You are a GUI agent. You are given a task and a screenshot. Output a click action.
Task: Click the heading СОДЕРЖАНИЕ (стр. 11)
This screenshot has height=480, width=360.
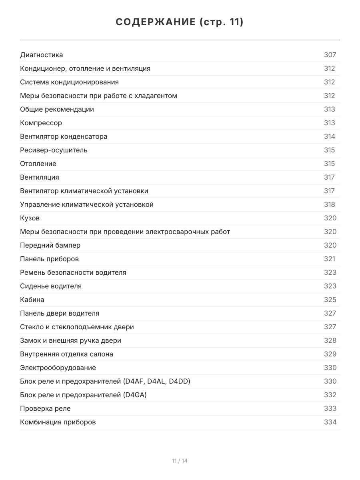click(x=180, y=22)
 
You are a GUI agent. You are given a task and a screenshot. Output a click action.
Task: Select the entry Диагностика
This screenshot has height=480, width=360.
click(x=42, y=55)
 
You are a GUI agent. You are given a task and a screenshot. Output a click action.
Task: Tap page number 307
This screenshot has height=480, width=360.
click(x=330, y=55)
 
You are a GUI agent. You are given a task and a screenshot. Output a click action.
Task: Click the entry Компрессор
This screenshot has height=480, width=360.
click(x=41, y=123)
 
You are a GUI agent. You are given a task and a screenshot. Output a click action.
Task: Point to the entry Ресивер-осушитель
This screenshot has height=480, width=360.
click(x=54, y=150)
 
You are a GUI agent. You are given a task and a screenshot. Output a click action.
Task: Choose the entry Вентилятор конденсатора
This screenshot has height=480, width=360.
click(x=64, y=136)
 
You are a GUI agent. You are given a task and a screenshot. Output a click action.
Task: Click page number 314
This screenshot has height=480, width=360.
click(x=330, y=136)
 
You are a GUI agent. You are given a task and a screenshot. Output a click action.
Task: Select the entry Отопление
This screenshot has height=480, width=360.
click(x=38, y=164)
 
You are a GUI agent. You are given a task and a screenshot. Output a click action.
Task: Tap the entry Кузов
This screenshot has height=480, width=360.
click(x=30, y=218)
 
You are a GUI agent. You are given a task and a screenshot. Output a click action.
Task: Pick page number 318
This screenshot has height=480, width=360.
click(x=330, y=204)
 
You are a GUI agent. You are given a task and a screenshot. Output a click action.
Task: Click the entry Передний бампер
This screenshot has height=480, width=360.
click(x=50, y=245)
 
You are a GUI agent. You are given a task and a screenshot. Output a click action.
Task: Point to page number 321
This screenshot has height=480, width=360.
click(x=330, y=259)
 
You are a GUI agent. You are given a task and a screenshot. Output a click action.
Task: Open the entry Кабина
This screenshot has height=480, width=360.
click(x=32, y=300)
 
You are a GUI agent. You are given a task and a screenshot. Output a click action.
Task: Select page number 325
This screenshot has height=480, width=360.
click(x=330, y=300)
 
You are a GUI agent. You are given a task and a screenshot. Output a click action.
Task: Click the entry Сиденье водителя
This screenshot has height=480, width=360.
click(x=51, y=286)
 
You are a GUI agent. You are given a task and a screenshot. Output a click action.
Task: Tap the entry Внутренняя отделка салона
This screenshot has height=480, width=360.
click(x=66, y=354)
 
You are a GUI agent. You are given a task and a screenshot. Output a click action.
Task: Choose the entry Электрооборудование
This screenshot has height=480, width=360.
click(x=58, y=368)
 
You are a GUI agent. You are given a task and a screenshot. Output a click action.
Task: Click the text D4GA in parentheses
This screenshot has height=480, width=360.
click(x=135, y=395)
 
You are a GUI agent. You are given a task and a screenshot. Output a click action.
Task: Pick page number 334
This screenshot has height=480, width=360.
click(x=330, y=422)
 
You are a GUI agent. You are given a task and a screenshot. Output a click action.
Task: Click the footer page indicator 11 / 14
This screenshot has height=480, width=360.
click(x=180, y=461)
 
